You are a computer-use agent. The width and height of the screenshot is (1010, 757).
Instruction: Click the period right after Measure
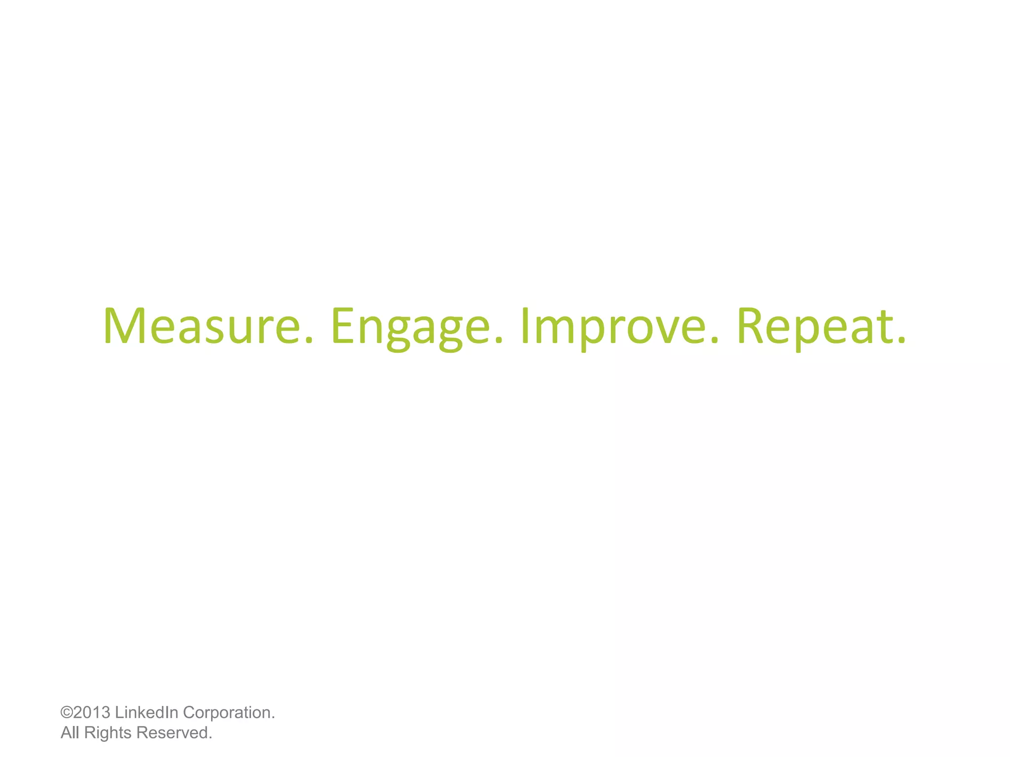[x=309, y=340]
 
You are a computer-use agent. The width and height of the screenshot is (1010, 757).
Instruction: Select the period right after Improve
[x=715, y=340]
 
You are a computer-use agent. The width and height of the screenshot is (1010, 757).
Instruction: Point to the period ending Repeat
[x=902, y=340]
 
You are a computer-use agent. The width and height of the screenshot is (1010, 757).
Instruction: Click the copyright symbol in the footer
[x=66, y=713]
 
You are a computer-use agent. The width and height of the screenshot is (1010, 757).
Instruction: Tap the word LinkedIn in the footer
[x=146, y=713]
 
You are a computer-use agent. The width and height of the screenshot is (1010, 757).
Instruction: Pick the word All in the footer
[x=70, y=733]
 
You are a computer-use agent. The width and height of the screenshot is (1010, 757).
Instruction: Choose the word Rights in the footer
[x=108, y=733]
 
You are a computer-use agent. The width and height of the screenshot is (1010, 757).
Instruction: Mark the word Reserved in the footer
[x=172, y=733]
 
